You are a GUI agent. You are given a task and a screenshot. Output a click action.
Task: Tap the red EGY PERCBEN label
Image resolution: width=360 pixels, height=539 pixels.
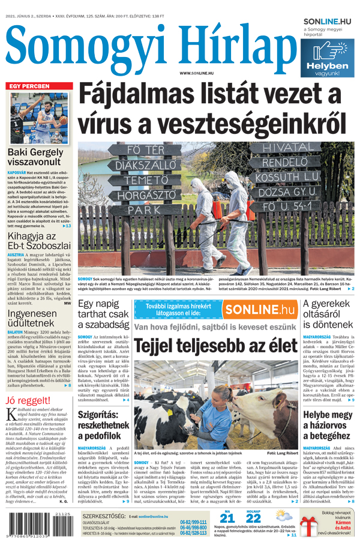pos(29,86)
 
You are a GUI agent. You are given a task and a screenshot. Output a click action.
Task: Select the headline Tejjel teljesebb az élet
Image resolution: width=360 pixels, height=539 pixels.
pos(215,346)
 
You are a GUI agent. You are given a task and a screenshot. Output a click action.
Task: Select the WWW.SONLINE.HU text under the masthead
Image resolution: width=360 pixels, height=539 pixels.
pos(199,73)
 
